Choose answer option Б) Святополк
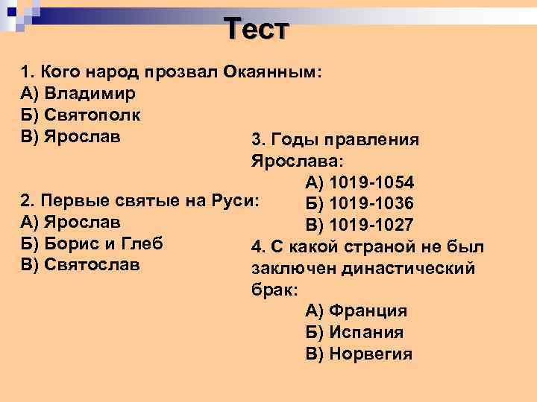81,115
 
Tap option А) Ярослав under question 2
72,222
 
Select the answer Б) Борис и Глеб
92,243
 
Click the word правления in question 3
377,140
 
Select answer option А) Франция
356,311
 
